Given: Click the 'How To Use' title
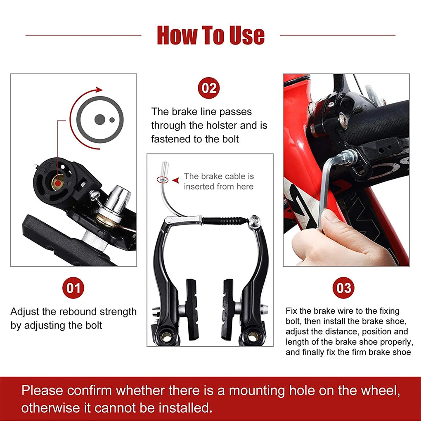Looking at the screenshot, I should pos(210,35).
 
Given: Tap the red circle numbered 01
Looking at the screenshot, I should pos(73,288).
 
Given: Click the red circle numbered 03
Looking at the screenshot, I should pos(344,288).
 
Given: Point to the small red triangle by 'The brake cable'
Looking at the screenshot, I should pos(175,180).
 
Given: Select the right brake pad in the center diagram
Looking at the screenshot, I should pos(228,307).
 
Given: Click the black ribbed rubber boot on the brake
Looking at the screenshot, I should pos(226,220).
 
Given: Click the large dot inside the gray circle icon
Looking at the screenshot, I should pos(99,119).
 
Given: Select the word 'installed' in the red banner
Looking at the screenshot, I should pos(181,408).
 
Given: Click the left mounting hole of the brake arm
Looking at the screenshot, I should pos(168,336).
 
